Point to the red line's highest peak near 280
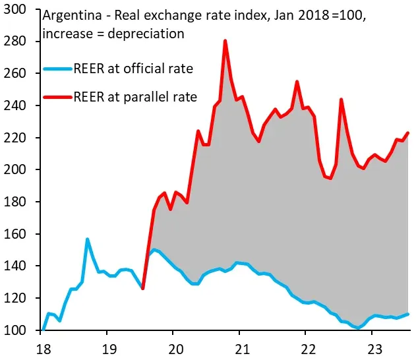[x=225, y=41]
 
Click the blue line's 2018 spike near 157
[x=87, y=239]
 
